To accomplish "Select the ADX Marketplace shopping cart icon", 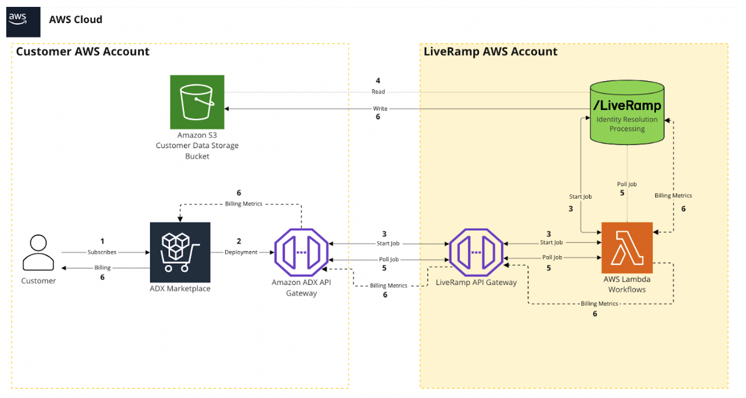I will (x=180, y=252).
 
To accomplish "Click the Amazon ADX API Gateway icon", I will (x=302, y=252).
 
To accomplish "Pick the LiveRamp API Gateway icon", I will (x=476, y=252).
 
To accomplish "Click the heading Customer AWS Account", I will (x=83, y=52).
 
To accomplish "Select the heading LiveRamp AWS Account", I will (x=490, y=52).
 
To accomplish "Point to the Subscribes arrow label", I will (x=102, y=252).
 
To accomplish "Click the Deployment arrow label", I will (x=241, y=252).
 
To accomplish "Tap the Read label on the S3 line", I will (x=378, y=92).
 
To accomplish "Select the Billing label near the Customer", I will (x=102, y=267).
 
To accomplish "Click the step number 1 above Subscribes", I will (x=102, y=241).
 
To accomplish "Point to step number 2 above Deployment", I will (x=238, y=241).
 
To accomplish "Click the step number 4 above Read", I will (x=377, y=81).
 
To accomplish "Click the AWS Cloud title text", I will (x=75, y=19).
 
